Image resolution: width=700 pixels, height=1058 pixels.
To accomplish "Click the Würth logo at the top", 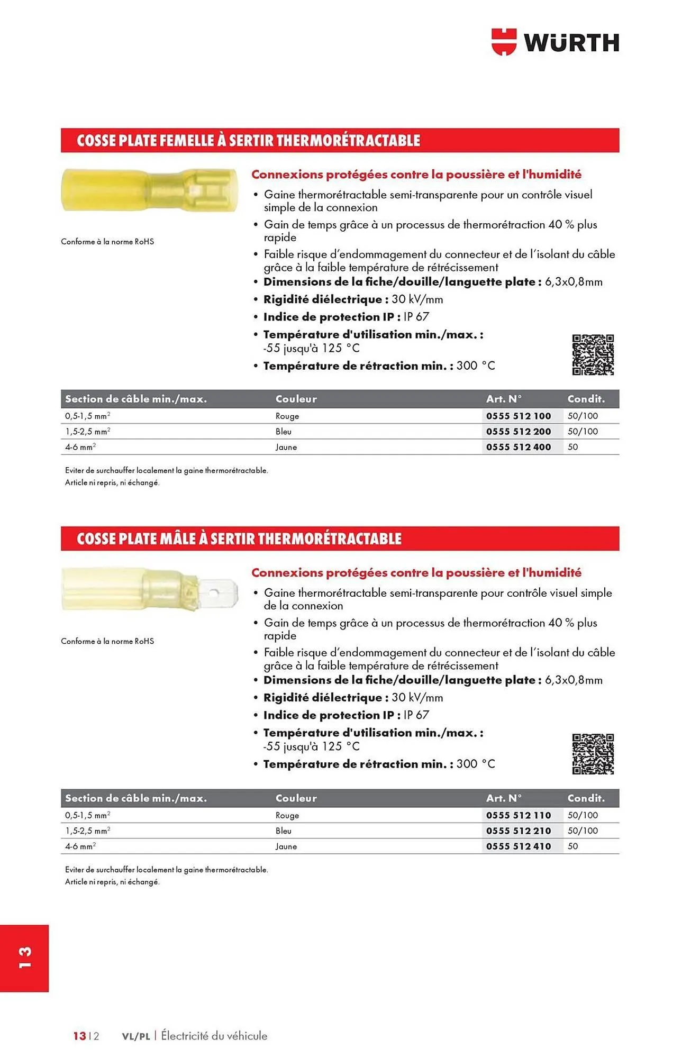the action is pos(555,42).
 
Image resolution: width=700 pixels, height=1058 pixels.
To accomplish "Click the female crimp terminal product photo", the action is pos(149,190).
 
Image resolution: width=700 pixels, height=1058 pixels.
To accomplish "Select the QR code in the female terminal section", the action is pos(593,355).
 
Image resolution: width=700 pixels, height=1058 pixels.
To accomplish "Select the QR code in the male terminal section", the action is pos(593,754).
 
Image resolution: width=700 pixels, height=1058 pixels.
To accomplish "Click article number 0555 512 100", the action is pos(519,416).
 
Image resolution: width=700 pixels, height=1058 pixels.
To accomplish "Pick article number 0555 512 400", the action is pos(519,447).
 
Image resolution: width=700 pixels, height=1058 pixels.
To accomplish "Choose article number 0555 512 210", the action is pos(519,831).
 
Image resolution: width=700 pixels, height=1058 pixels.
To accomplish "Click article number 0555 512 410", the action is pos(519,846).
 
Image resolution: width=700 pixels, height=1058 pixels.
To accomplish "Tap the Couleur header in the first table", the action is pos(296,399).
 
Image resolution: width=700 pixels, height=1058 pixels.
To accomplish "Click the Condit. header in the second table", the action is pos(586,798).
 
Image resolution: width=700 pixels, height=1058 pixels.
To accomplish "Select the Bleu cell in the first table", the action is pos(284,432).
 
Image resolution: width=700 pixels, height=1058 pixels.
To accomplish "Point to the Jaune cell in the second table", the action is pos(286,846).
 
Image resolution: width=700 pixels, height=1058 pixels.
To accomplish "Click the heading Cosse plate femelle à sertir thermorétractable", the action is pos(248,141).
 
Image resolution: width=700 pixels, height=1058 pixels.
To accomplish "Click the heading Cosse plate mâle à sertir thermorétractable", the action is pos(239,539).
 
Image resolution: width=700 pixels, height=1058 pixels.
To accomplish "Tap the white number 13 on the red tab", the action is pos(25,958).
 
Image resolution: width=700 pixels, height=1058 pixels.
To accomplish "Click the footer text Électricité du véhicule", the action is pos(214,1036).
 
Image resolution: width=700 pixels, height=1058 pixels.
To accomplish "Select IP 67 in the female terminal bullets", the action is pos(416,317).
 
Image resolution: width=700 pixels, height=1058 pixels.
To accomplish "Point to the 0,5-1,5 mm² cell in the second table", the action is pos(88,816).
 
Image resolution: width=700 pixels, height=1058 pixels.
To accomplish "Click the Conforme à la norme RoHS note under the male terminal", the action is pos(107,641).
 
